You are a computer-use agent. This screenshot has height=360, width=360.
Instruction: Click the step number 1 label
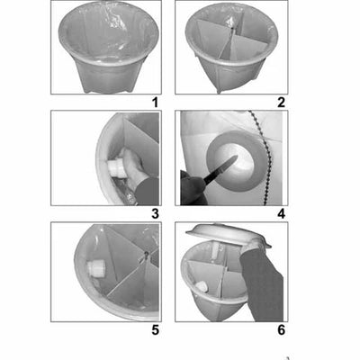[x=155, y=103]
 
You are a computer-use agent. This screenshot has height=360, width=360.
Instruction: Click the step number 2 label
[x=281, y=103]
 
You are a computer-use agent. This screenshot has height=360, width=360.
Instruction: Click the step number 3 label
[x=155, y=213]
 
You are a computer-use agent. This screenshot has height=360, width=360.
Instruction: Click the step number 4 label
[x=281, y=213]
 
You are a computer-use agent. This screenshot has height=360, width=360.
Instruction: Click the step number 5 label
[x=155, y=329]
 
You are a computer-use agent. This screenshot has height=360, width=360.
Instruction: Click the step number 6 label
[x=281, y=329]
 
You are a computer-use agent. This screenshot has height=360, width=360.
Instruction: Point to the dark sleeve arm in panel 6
[x=265, y=283]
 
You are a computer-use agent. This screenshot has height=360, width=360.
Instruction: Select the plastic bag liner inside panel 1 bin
[x=105, y=36]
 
